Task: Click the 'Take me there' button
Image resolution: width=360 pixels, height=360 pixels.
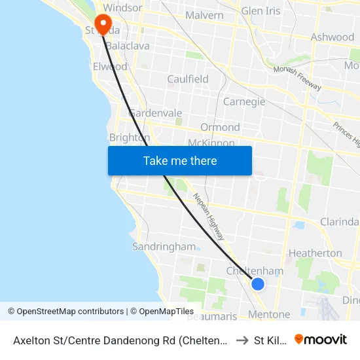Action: click(x=180, y=160)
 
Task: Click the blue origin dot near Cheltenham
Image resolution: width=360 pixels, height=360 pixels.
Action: click(x=258, y=283)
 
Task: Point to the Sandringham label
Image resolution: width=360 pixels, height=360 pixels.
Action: click(x=164, y=247)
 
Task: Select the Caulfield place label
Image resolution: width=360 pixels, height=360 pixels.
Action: click(x=188, y=79)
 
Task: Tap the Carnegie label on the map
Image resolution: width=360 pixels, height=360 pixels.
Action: click(x=244, y=101)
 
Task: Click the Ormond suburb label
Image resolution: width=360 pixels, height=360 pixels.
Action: click(x=220, y=127)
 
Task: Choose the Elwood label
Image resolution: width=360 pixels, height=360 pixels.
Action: click(x=111, y=67)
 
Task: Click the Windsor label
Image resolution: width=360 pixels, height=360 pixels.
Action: click(x=122, y=8)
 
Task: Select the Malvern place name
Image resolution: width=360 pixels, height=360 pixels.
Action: click(x=204, y=15)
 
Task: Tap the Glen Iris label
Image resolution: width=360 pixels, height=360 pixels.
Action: click(x=261, y=11)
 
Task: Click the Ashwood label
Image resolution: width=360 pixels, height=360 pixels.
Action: click(x=333, y=37)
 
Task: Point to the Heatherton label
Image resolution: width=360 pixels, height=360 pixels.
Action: click(x=315, y=253)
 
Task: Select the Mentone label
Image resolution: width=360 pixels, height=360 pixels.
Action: click(x=269, y=315)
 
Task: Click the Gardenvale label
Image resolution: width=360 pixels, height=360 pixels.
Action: click(x=156, y=113)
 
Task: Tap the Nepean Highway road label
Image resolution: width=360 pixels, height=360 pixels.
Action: click(x=209, y=217)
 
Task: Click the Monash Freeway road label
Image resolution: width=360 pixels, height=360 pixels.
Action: click(x=297, y=77)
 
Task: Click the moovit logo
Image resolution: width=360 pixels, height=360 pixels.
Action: click(x=321, y=339)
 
